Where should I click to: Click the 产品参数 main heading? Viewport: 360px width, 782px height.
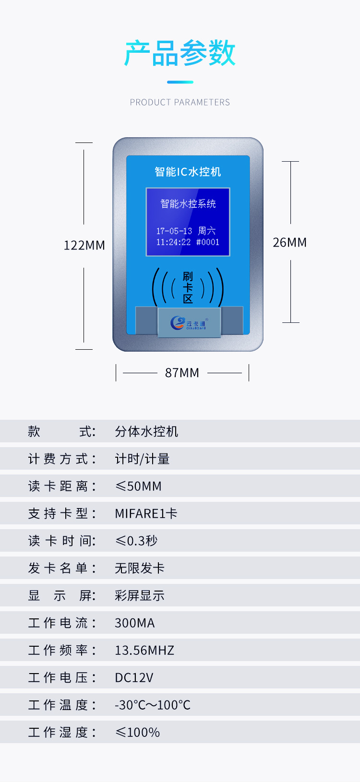tap(180, 53)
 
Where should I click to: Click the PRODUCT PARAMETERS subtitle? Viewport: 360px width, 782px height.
tap(180, 102)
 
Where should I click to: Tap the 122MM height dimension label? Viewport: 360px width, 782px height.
tap(84, 246)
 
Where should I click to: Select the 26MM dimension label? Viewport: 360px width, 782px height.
tap(290, 242)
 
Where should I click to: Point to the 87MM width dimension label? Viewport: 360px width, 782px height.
tap(182, 373)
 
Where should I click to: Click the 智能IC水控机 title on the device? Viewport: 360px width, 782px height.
tap(188, 172)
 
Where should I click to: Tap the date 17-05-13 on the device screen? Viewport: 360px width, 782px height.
tap(174, 231)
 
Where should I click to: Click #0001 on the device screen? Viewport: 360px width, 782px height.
tap(208, 242)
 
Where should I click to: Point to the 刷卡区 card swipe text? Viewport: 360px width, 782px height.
tap(188, 288)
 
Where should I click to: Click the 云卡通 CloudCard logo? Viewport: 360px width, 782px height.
tap(189, 323)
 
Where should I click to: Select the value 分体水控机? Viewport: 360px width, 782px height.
tap(147, 431)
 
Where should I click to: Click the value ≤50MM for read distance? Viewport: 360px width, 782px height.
tap(139, 486)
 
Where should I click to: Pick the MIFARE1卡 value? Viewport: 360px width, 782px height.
tap(146, 513)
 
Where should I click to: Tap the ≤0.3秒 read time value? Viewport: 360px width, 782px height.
tap(136, 541)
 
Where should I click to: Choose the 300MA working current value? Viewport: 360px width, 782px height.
tap(135, 623)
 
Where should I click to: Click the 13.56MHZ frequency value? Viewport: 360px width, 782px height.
tap(144, 650)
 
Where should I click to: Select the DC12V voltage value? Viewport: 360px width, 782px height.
tap(134, 677)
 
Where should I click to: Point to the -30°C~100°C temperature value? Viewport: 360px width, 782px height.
tap(153, 705)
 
